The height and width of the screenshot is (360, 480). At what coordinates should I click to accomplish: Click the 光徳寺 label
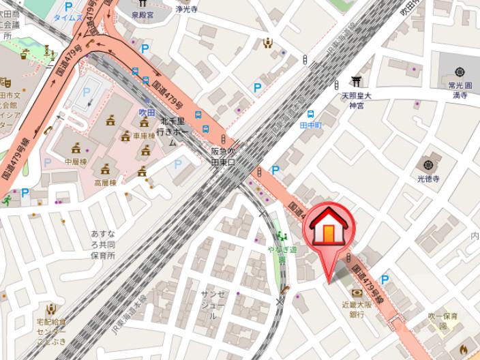[x=429, y=178]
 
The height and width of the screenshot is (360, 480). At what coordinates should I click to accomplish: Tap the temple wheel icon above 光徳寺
[x=428, y=164]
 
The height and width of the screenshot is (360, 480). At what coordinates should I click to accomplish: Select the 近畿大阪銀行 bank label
[x=357, y=310]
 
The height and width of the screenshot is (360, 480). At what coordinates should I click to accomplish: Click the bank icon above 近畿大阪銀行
[x=356, y=294]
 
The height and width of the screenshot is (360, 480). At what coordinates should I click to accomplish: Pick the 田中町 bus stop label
[x=311, y=125]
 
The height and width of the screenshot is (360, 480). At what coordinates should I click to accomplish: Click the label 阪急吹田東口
[x=222, y=156]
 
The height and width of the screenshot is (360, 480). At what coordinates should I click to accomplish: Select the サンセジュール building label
[x=213, y=305]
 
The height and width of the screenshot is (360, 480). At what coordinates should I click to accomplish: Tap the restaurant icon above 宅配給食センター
[x=50, y=309]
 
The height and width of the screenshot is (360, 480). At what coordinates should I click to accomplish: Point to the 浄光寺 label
[x=186, y=9]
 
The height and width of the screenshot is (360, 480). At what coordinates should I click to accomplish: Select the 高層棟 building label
[x=105, y=183]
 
